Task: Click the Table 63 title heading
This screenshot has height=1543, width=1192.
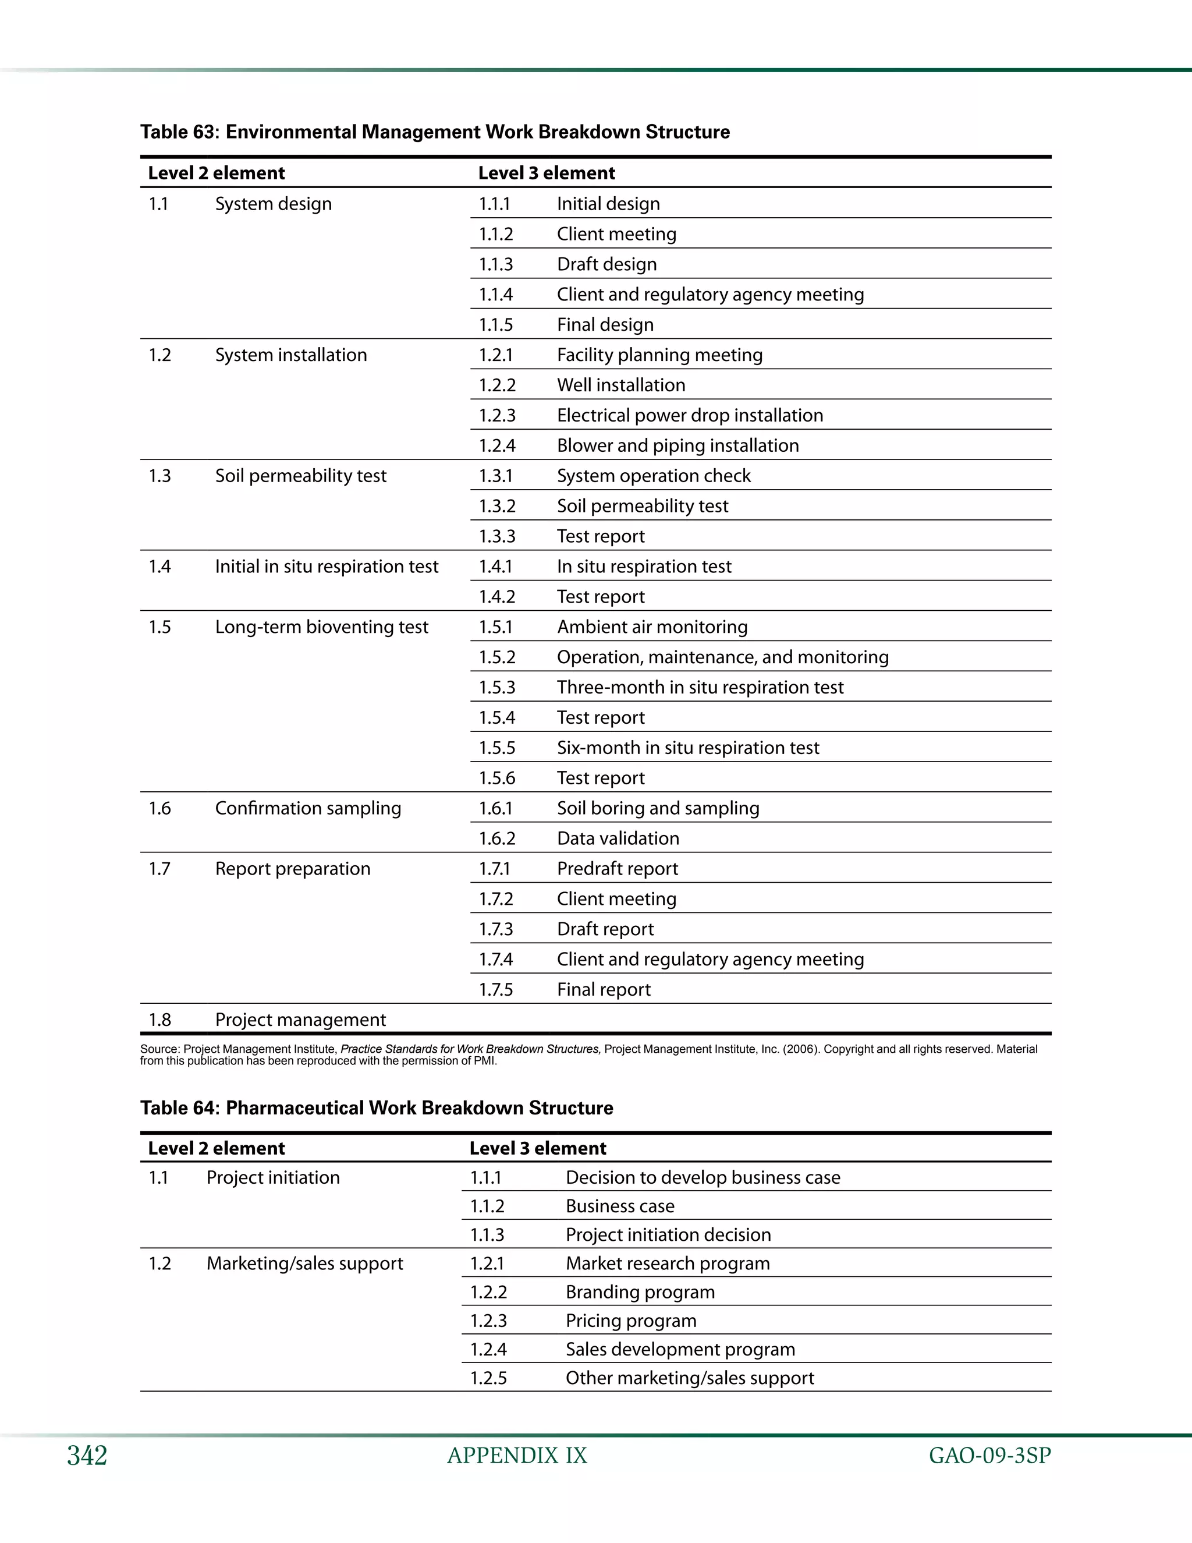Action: click(x=434, y=132)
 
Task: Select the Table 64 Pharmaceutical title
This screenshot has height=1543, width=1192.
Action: click(x=377, y=1108)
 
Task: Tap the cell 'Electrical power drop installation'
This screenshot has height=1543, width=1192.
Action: click(x=689, y=415)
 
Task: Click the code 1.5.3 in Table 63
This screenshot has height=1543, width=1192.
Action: click(x=496, y=688)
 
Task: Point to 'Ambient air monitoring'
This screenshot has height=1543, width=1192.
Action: click(x=652, y=627)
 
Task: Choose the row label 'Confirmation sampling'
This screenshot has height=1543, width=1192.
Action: click(x=308, y=808)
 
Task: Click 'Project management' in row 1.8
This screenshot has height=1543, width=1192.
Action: click(x=300, y=1020)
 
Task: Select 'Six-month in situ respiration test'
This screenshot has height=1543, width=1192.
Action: click(x=688, y=748)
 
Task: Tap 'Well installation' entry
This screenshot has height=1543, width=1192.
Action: click(x=620, y=385)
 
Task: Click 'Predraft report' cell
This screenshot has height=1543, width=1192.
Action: click(x=617, y=869)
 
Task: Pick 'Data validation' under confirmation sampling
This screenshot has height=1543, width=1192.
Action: click(x=618, y=838)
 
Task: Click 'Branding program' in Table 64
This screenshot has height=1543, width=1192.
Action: click(x=640, y=1292)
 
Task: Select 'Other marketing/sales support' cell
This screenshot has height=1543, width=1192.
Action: click(x=689, y=1378)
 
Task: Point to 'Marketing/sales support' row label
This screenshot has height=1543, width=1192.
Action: click(x=304, y=1264)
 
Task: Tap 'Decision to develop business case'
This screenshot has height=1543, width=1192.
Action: click(x=703, y=1178)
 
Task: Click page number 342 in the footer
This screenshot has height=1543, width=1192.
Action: click(x=87, y=1456)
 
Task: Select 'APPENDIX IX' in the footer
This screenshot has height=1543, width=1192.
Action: click(x=517, y=1456)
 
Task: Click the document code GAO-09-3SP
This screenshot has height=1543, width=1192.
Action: click(x=989, y=1456)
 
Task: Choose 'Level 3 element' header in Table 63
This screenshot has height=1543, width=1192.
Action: click(x=546, y=173)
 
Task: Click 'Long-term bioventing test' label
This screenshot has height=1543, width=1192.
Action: click(x=321, y=627)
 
